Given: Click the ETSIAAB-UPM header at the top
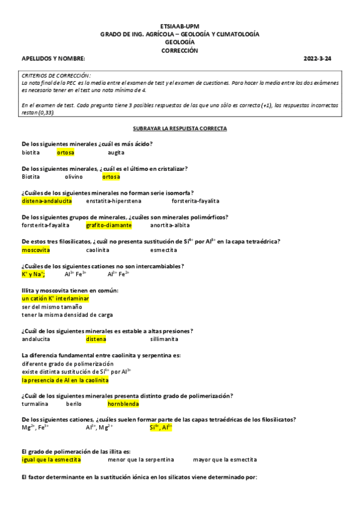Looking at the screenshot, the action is tap(179, 27).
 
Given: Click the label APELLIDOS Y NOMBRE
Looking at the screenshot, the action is tap(53, 59).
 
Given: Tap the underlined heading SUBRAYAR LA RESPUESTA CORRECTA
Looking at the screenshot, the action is tap(179, 129).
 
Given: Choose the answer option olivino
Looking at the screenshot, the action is tap(74, 177).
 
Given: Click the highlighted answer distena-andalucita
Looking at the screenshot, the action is tap(47, 201).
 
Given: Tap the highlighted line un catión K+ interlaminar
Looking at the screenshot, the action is tap(55, 298).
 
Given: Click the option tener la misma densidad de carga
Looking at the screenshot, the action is tap(67, 315).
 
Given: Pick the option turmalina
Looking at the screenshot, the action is tap(35, 404).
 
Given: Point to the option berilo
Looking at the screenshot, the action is tap(73, 404).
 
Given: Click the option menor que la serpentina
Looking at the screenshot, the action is tap(141, 460).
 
